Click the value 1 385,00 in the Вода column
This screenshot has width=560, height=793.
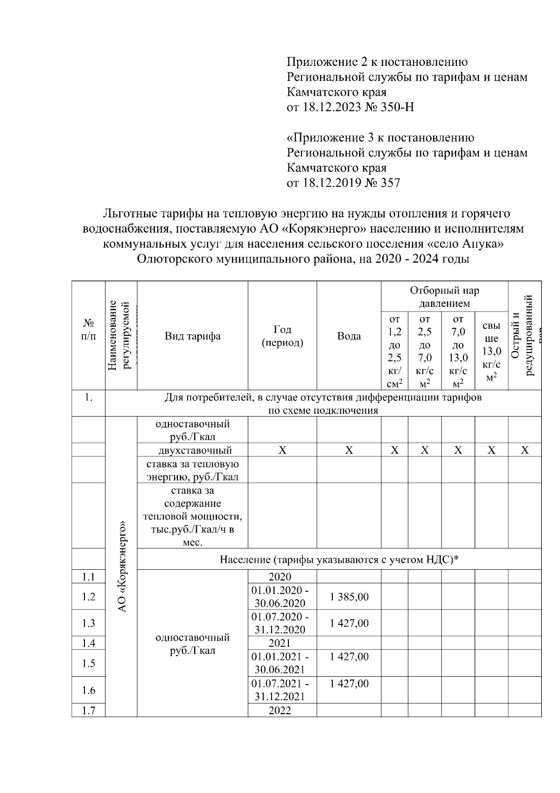349,596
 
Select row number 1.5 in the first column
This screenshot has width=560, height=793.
88,663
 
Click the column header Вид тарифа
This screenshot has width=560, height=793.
192,336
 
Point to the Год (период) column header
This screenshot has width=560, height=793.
282,336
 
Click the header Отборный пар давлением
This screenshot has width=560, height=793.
444,297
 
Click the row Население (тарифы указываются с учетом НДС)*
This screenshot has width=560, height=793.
339,559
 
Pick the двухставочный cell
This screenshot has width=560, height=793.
192,450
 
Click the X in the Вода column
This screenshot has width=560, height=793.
349,450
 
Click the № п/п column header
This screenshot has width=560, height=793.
88,330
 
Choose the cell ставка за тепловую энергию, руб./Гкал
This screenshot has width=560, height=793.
192,470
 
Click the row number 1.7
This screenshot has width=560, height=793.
88,710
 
